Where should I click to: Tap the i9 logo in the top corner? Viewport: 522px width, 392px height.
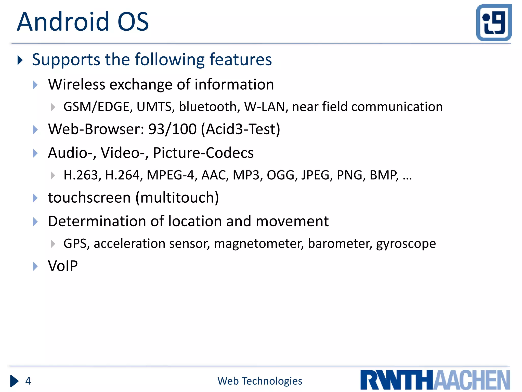point(494,23)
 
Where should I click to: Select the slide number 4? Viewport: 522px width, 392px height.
point(28,381)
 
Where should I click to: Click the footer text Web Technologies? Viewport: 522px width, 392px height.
point(260,381)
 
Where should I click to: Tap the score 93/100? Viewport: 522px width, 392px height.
point(173,129)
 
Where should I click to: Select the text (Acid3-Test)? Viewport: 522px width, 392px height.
point(240,129)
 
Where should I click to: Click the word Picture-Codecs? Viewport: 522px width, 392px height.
point(203,153)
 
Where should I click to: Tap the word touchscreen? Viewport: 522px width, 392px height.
point(89,198)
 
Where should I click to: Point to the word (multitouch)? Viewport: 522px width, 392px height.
point(177,198)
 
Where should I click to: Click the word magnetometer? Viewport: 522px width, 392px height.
point(259,243)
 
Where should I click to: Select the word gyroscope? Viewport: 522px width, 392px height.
point(406,243)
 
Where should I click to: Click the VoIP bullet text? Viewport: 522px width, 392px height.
point(63,266)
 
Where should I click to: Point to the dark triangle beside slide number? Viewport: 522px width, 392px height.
point(14,381)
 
